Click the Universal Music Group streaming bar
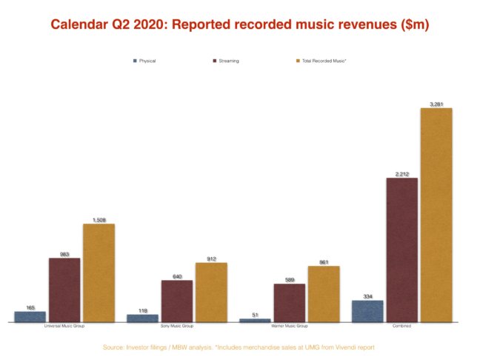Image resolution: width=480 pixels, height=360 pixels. tap(64, 290)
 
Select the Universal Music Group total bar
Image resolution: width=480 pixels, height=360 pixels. tap(99, 273)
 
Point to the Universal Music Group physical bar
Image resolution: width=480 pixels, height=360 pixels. tap(30, 316)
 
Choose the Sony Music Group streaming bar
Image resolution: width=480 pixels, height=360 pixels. tap(177, 301)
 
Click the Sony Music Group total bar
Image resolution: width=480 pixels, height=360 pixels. tap(211, 292)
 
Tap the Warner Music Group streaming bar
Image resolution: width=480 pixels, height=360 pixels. tap(290, 302)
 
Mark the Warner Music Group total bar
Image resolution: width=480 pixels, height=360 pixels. tap(324, 293)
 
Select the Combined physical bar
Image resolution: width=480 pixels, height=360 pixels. tap(367, 310)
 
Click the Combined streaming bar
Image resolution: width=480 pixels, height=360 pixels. tap(401, 250)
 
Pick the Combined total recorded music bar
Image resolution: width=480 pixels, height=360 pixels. tap(436, 215)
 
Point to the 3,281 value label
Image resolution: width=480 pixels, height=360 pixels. tap(436, 104)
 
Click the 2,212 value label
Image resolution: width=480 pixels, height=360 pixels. tap(401, 174)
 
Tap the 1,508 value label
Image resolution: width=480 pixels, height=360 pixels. tap(99, 220)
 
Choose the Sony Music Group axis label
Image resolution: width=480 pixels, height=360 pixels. tap(177, 326)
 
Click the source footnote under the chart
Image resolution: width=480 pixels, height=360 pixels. tap(239, 346)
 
